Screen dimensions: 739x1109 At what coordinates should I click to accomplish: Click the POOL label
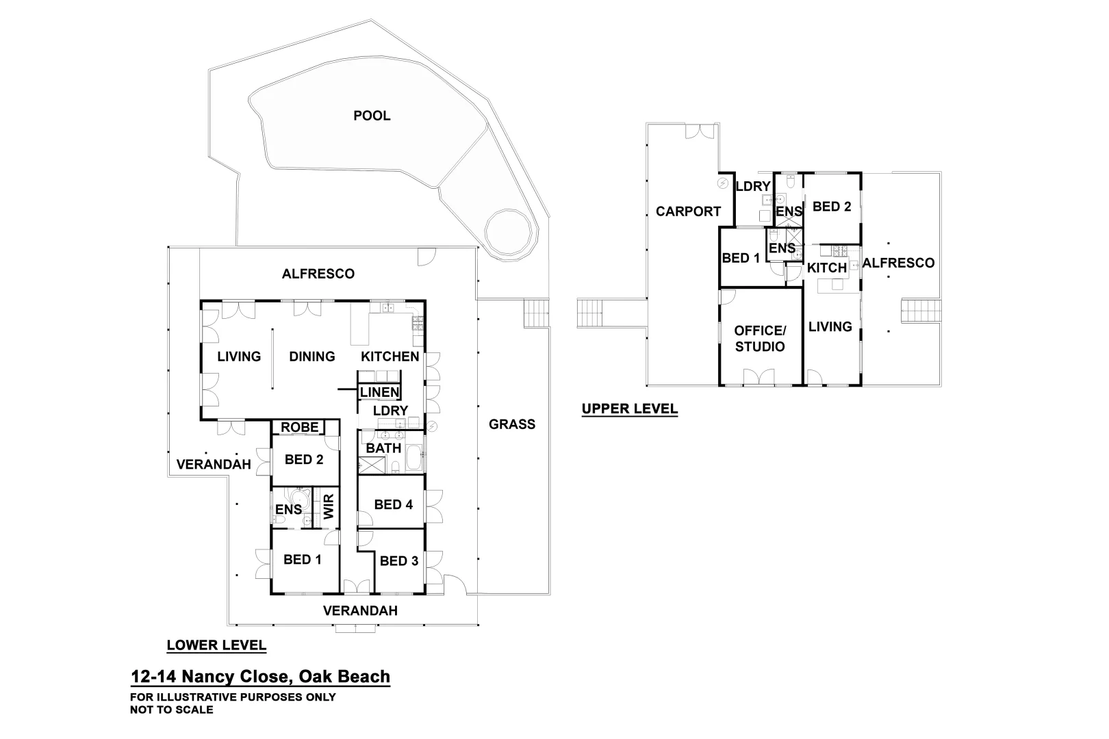pos(372,116)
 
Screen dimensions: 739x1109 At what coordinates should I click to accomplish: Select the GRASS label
pos(511,424)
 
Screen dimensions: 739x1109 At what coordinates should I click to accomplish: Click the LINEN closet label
pos(379,392)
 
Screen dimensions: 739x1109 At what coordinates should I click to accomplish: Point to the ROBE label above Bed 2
pos(300,428)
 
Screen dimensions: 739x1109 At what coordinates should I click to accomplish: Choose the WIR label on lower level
pos(329,507)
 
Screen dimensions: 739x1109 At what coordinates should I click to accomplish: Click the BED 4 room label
pos(393,505)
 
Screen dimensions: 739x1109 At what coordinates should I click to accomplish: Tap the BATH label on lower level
pos(383,448)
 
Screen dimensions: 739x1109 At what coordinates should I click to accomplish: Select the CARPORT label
pos(688,211)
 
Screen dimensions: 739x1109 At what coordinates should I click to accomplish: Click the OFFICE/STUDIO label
pos(760,339)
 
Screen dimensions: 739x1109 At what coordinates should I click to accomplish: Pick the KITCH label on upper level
pos(827,268)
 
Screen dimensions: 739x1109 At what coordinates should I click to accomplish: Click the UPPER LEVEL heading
pos(629,409)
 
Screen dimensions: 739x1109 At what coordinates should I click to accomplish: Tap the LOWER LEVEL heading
pos(216,645)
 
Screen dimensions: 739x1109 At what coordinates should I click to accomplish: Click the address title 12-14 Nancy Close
pos(260,677)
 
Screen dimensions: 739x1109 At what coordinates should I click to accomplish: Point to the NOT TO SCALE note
pos(171,710)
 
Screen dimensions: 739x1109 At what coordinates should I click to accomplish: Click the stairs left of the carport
pos(591,313)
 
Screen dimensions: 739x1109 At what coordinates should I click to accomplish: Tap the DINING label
pos(312,356)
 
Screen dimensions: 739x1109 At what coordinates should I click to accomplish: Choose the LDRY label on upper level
pos(753,187)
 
